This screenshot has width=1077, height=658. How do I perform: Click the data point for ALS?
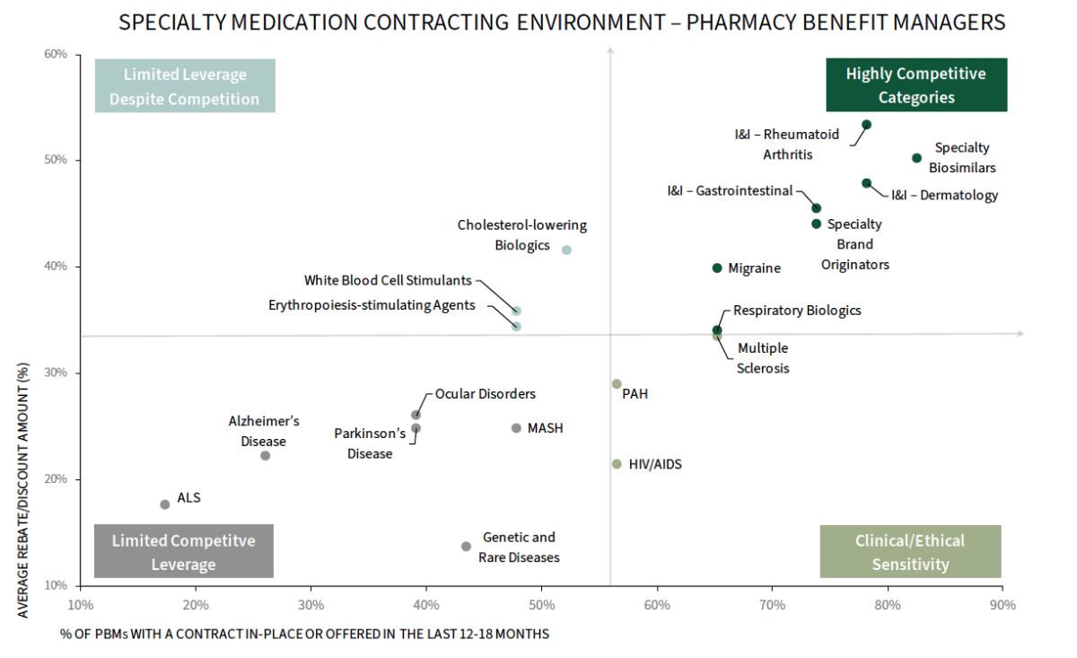coord(165,504)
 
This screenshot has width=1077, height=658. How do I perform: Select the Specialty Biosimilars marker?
coord(916,158)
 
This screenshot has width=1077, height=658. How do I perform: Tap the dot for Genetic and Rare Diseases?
coord(466,546)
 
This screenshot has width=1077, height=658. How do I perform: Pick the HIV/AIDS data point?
coord(617,464)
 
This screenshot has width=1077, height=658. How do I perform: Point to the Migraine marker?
coord(717,268)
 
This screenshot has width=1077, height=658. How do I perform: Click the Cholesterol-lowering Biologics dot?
coord(566,250)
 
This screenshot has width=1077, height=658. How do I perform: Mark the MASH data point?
coord(516,428)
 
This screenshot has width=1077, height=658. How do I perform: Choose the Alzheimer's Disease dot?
coord(265,455)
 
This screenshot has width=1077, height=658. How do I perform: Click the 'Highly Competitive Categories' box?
coord(915,85)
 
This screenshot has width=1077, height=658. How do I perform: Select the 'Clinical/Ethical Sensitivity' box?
coord(910,551)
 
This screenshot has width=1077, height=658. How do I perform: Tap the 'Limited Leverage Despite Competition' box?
coord(185,86)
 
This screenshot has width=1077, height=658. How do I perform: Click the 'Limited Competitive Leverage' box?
coord(184,551)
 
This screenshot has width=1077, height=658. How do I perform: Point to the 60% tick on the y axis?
coord(56,55)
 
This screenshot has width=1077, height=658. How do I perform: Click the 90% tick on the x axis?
coord(1003,604)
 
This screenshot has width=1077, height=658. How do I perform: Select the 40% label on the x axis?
coord(426,604)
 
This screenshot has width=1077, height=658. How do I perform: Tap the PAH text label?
coord(635,393)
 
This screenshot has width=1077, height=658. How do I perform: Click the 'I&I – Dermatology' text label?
coord(944,195)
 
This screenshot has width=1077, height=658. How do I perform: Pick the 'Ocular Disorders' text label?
coord(485,393)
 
